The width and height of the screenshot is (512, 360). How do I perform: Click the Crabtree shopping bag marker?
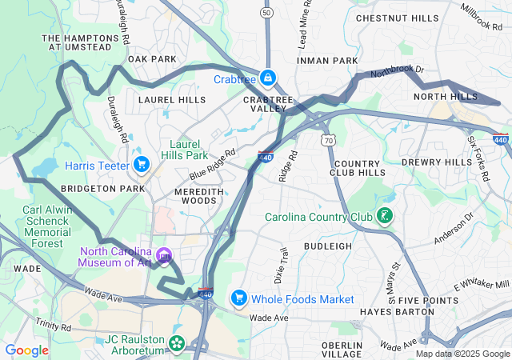[268, 78]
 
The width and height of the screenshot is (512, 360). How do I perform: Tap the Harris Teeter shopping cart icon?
[142, 165]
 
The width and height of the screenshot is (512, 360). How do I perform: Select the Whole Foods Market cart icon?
[238, 298]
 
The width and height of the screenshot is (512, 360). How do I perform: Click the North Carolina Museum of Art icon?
[164, 256]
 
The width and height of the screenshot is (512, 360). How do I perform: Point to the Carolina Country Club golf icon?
[385, 216]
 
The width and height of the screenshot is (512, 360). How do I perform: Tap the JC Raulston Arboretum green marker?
[175, 345]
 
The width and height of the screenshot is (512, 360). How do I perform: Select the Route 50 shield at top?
[266, 12]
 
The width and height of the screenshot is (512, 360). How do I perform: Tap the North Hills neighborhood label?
[445, 97]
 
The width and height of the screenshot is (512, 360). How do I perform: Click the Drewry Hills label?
[437, 162]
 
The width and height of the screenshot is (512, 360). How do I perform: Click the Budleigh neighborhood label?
[328, 246]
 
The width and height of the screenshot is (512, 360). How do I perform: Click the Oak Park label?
[152, 59]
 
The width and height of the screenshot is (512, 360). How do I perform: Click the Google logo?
[27, 350]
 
